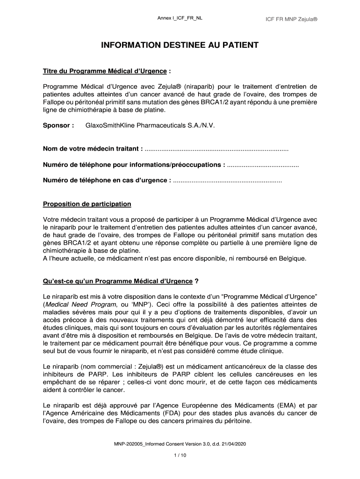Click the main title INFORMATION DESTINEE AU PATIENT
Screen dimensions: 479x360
pos(180,45)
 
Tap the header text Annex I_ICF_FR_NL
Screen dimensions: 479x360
pos(180,18)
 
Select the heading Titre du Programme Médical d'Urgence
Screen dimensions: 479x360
pos(105,71)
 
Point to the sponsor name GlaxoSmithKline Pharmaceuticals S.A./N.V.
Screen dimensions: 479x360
pos(150,125)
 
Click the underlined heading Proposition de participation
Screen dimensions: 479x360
pos(87,204)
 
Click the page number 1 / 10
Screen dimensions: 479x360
pos(180,455)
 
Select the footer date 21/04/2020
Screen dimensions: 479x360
pos(232,443)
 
